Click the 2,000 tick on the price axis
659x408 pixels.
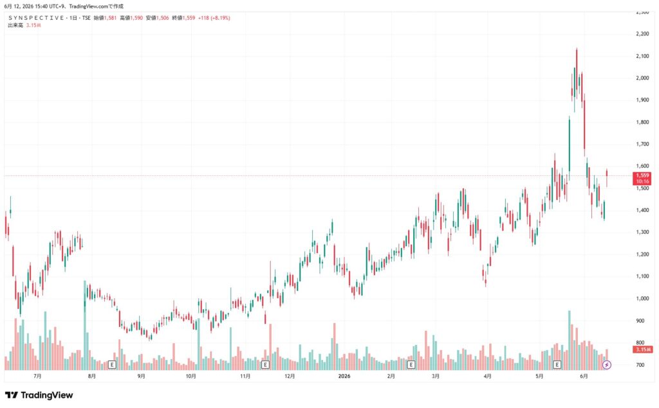pos(642,78)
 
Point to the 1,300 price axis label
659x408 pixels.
pos(642,232)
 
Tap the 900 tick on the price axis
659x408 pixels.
pos(640,321)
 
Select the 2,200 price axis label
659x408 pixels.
pos(642,33)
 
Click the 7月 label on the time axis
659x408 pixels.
pos(37,376)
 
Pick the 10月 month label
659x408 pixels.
pos(190,376)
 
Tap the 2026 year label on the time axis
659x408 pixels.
pos(344,376)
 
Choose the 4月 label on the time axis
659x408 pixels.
pos(488,376)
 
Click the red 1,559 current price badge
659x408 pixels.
pos(642,179)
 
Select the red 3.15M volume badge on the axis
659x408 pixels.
pos(643,350)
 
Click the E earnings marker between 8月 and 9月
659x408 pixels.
pos(112,365)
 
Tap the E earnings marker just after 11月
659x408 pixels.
pos(265,365)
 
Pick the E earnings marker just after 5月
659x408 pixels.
pos(557,365)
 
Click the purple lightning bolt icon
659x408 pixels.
pos(606,365)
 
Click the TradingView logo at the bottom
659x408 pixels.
pos(39,395)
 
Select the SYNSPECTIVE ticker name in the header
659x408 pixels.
pos(36,18)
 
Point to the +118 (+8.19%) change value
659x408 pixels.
pos(214,18)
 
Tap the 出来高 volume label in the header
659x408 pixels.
pos(15,25)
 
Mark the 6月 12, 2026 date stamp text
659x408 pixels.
pos(18,6)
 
